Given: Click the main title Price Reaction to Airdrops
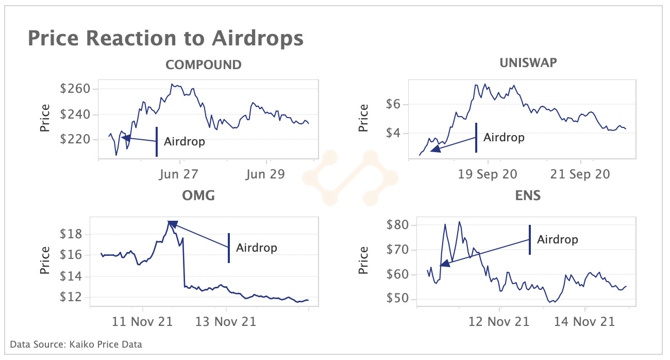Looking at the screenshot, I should click(165, 39).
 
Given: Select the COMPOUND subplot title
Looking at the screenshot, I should click(203, 65).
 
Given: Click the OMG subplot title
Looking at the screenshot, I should click(198, 195).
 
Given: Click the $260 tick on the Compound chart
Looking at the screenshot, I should click(75, 89).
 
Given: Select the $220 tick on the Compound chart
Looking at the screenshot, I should click(75, 140).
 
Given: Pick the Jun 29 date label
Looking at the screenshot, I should click(265, 174).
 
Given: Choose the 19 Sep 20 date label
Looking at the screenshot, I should click(488, 174).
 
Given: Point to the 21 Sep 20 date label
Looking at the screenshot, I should click(580, 174).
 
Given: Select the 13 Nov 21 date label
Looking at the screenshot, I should click(226, 322).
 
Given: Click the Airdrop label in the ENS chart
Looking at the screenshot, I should click(557, 240).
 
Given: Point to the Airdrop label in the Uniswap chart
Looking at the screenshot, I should click(504, 138).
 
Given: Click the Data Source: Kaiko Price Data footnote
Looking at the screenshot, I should click(76, 344).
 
